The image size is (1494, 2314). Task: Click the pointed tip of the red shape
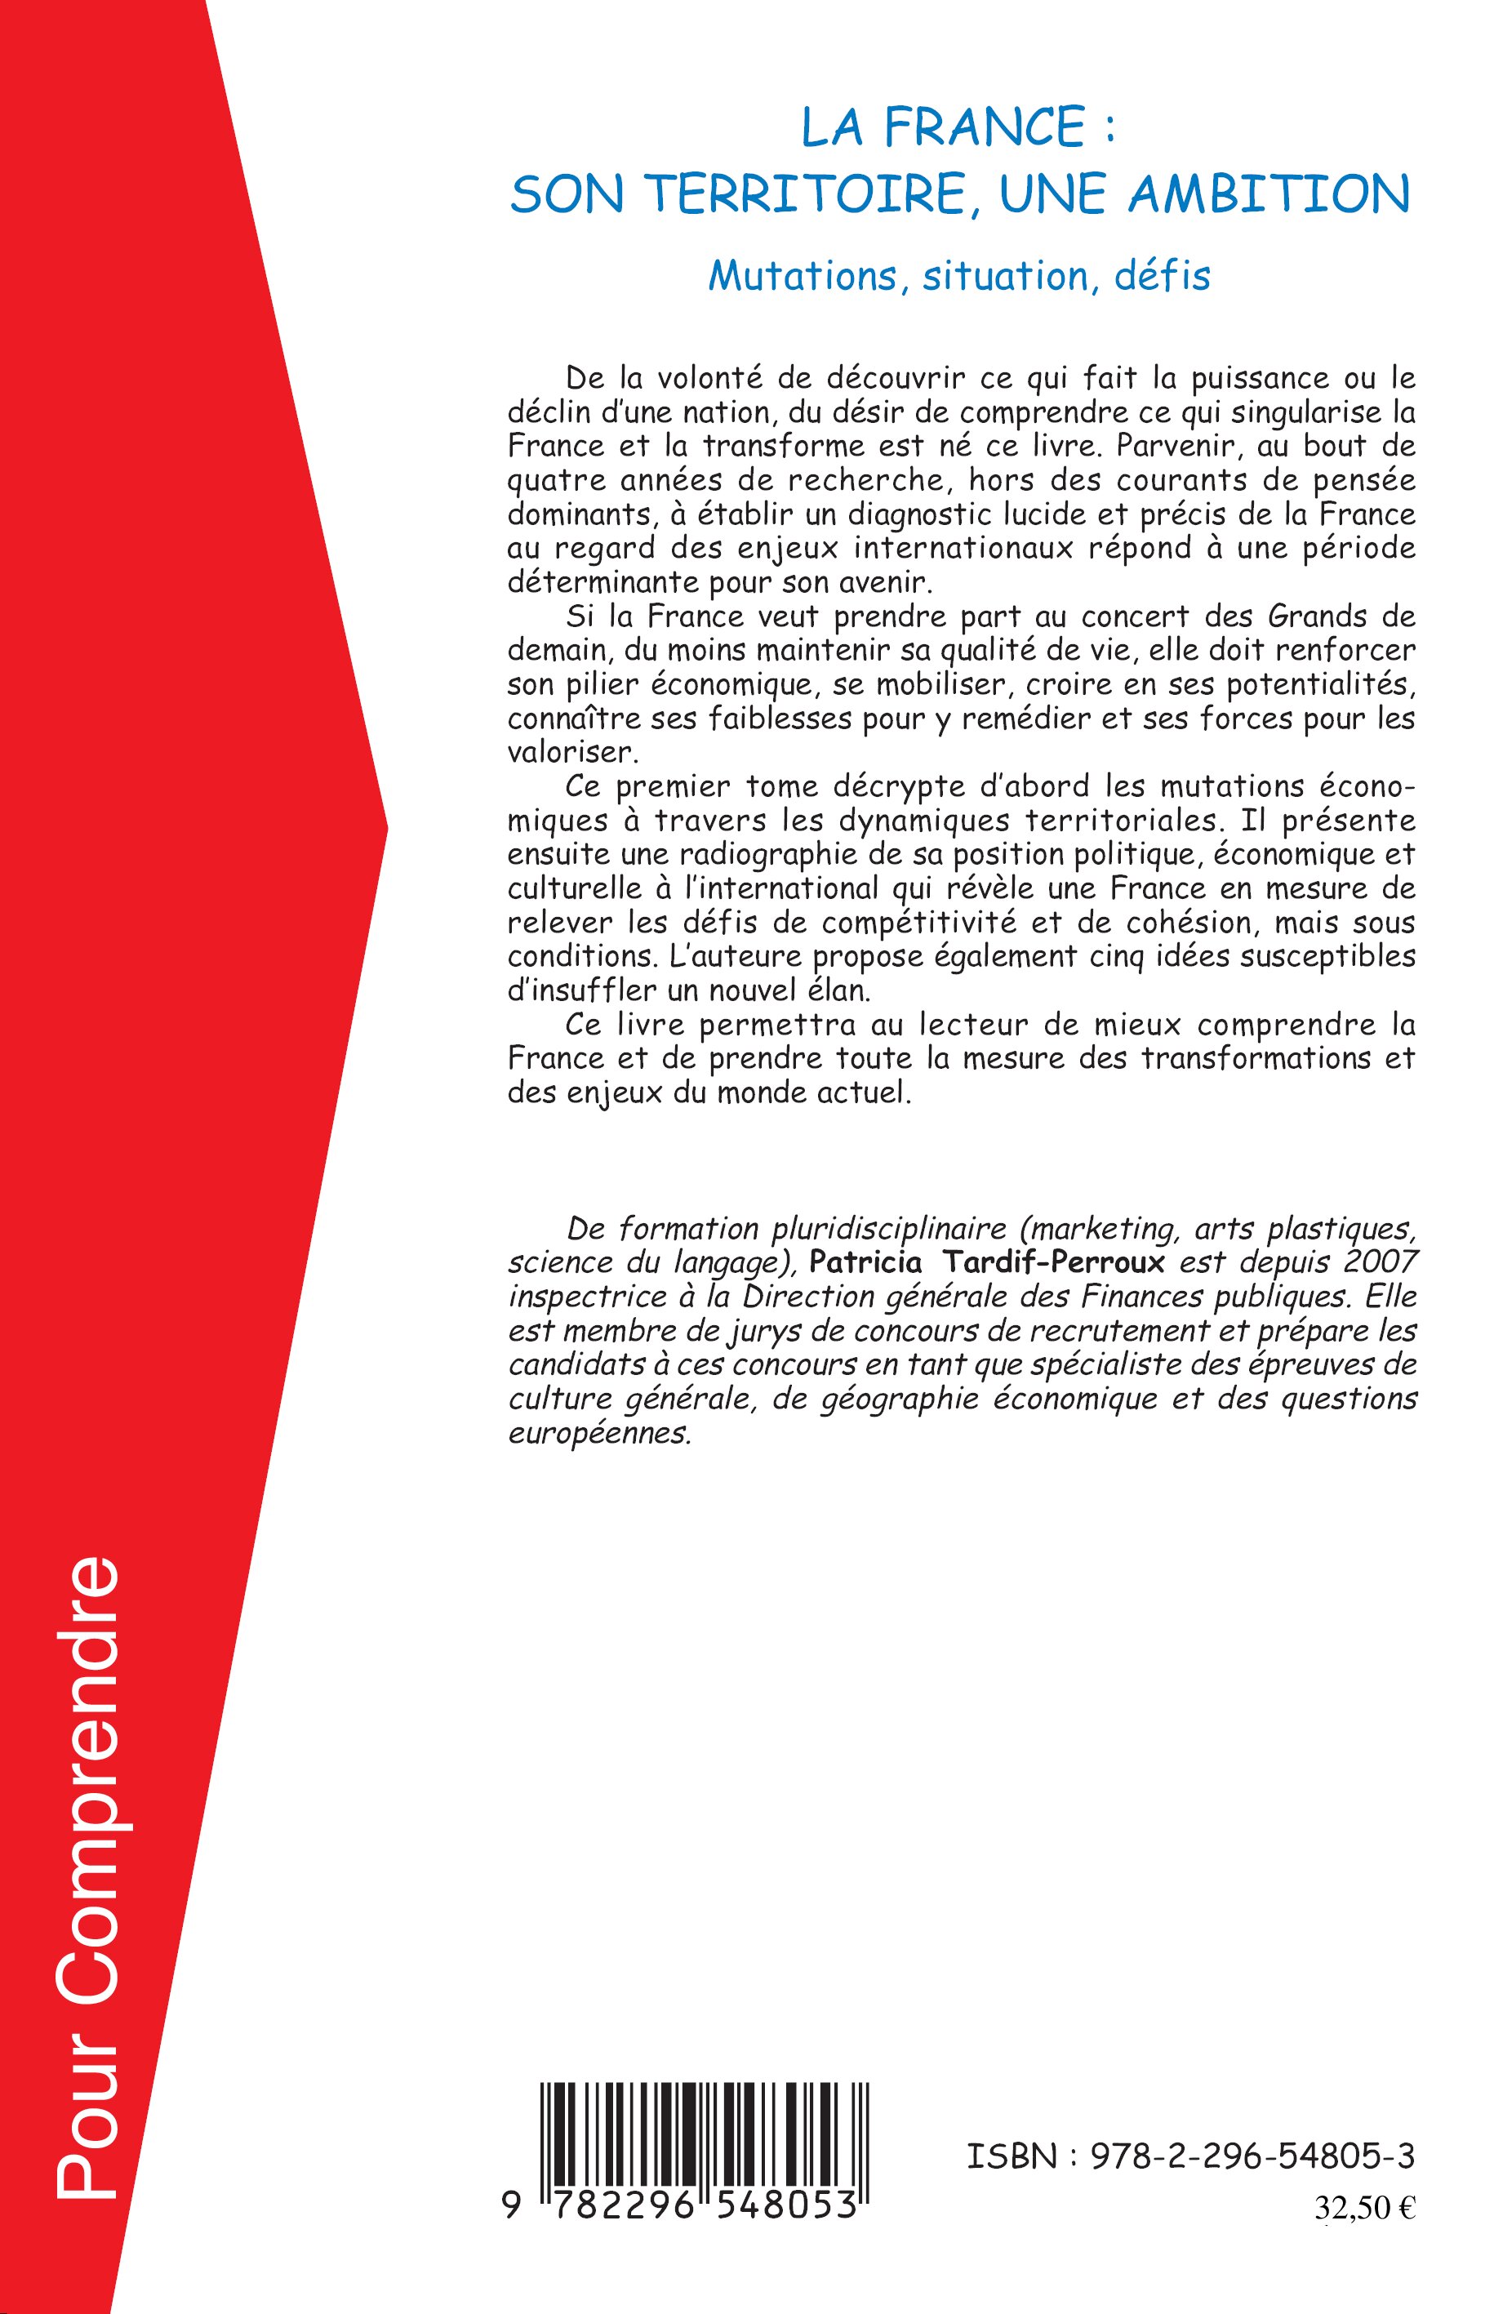tap(386, 830)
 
